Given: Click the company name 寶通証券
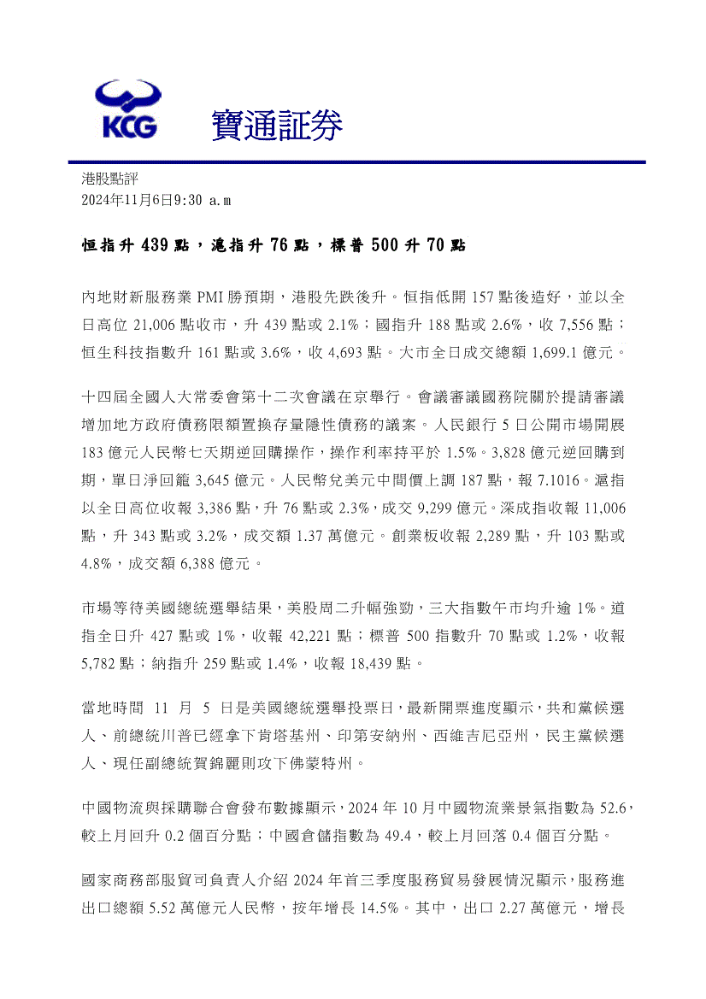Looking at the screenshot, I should click(276, 126).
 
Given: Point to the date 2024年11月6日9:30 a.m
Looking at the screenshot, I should click(156, 199).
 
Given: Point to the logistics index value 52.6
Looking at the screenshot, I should click(613, 808).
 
